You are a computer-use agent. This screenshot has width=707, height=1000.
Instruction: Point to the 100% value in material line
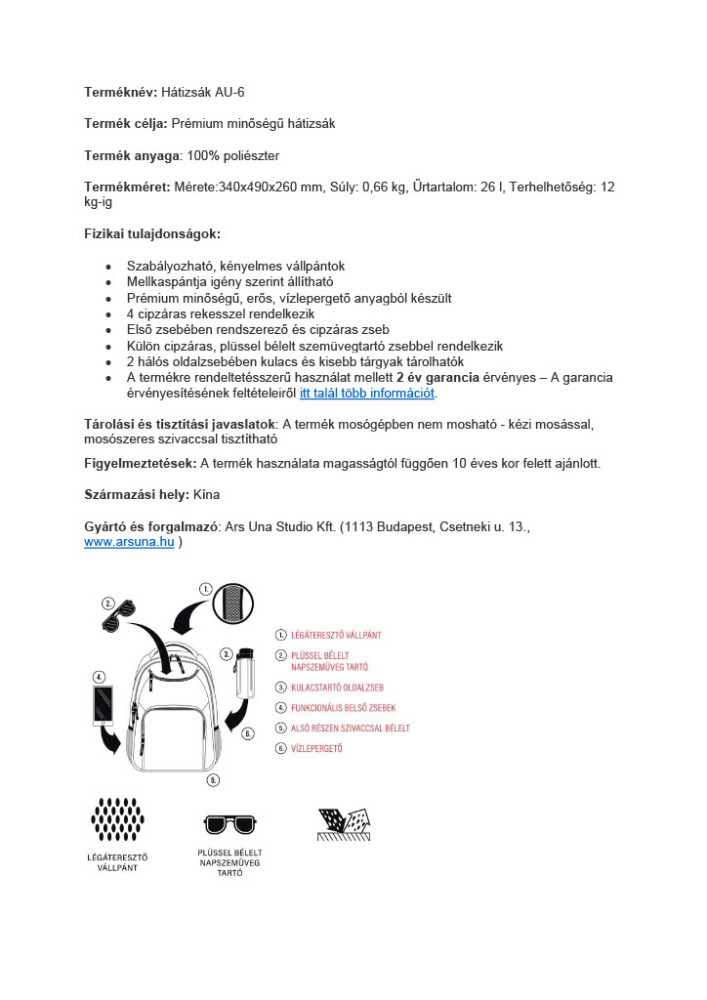click(201, 156)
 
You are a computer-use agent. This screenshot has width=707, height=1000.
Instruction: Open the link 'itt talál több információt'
click(367, 393)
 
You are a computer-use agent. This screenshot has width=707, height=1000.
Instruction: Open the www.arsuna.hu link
click(129, 541)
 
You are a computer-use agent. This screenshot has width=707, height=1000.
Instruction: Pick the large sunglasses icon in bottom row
click(229, 825)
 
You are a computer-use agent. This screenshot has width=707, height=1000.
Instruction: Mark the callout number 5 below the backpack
click(213, 779)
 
